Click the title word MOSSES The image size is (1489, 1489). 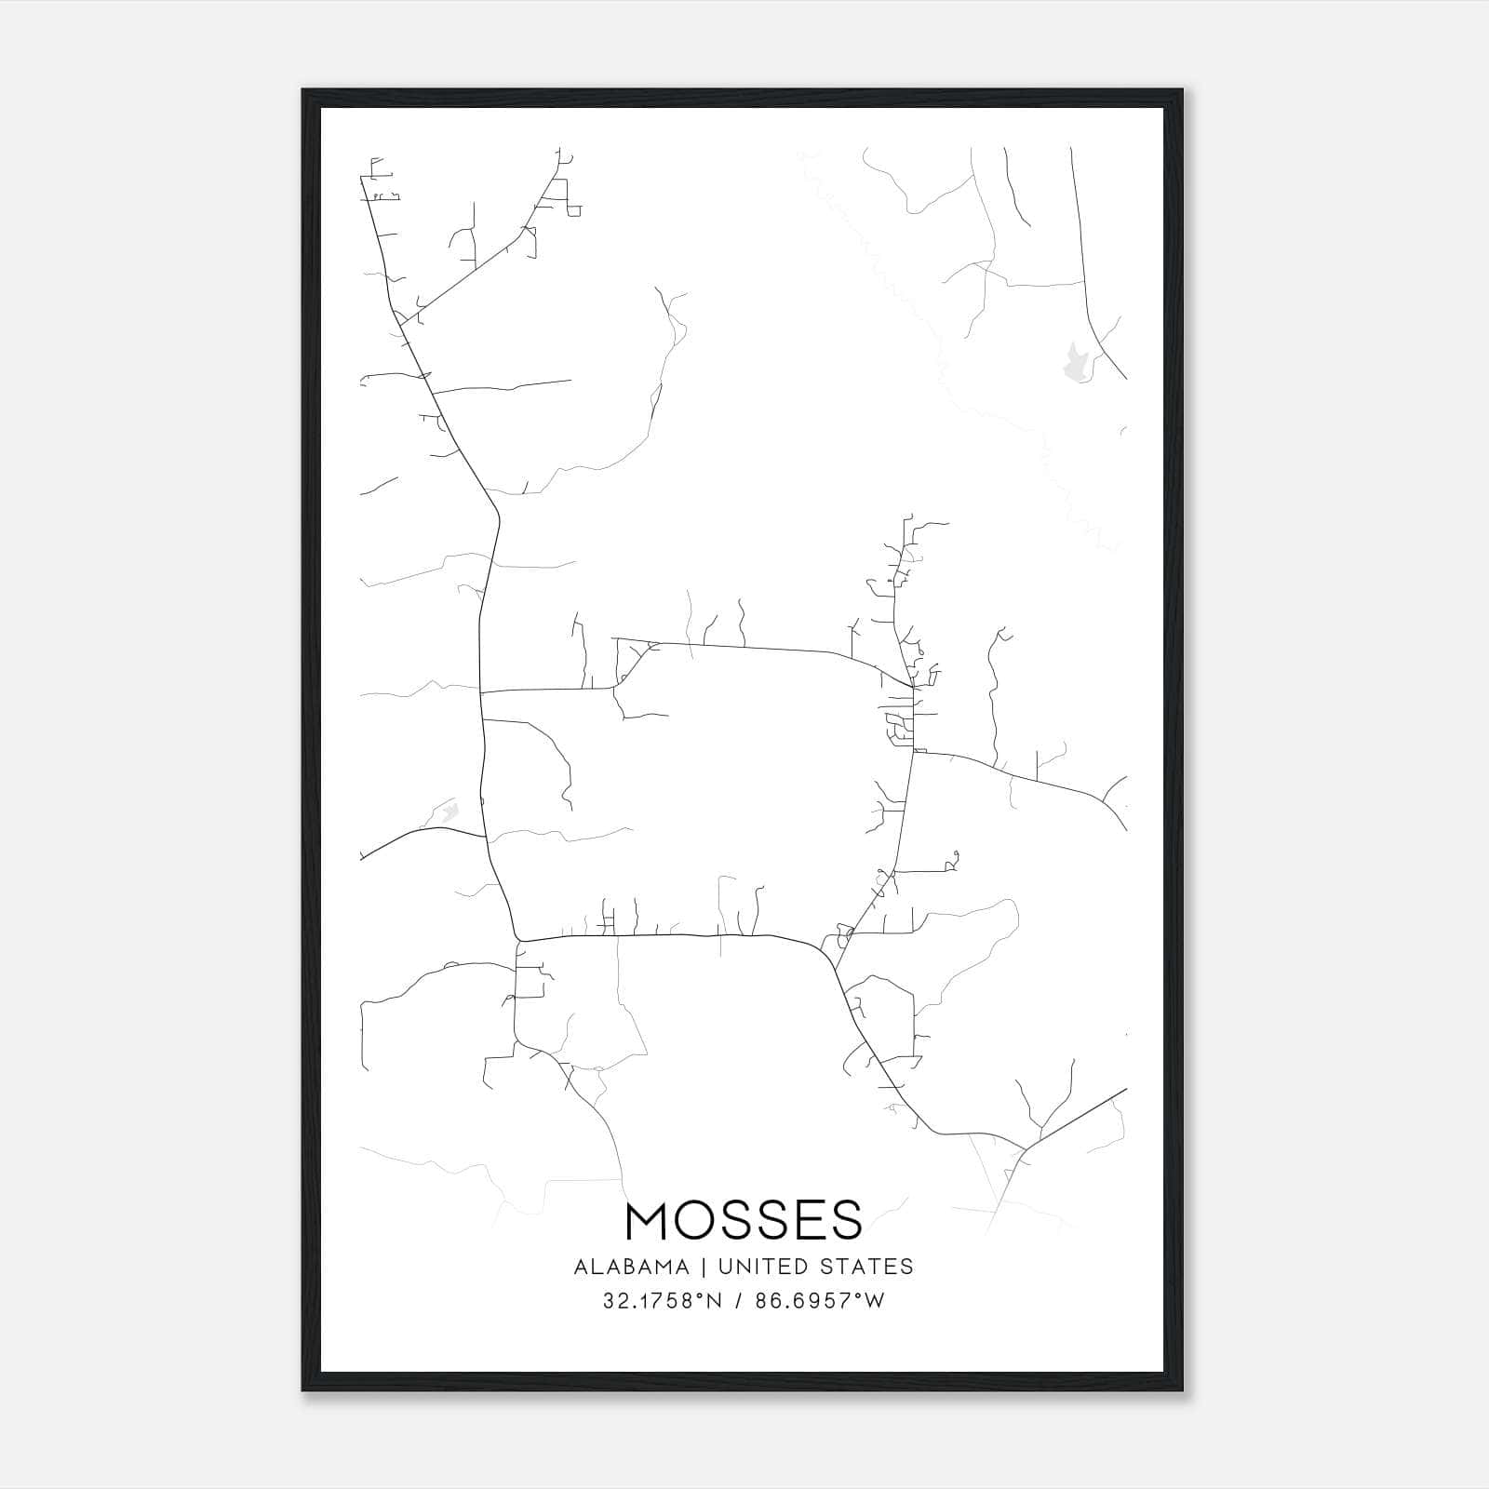click(744, 1220)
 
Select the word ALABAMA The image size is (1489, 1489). click(632, 1267)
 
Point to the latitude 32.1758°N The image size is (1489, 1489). click(662, 1301)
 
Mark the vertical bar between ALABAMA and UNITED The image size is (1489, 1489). click(702, 1267)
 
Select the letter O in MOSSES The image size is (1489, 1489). click(696, 1220)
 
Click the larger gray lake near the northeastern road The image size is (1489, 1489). click(1076, 362)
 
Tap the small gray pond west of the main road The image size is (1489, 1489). click(449, 812)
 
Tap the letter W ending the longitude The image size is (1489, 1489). click(875, 1301)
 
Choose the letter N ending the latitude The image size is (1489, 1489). click(717, 1301)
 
